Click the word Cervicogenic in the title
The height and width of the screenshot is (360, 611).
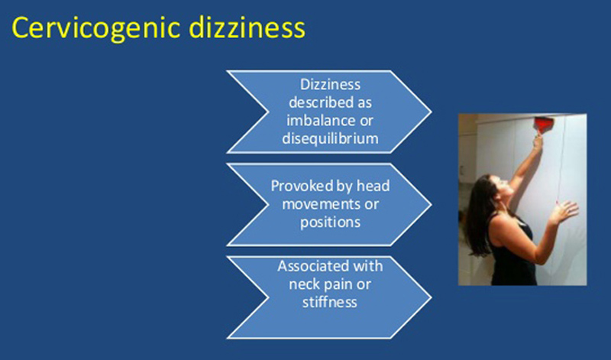(x=96, y=28)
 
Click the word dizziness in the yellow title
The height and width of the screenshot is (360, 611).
(x=247, y=28)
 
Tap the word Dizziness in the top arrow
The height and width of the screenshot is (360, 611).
(x=330, y=84)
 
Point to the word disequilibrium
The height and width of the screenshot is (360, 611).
(x=330, y=138)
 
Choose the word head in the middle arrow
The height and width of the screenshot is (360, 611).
(x=373, y=186)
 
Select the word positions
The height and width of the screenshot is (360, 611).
(x=330, y=222)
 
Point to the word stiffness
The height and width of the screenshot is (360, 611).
(x=330, y=302)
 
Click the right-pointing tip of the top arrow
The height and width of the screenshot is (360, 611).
(x=431, y=112)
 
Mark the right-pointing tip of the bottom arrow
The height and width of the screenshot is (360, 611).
(x=431, y=297)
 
